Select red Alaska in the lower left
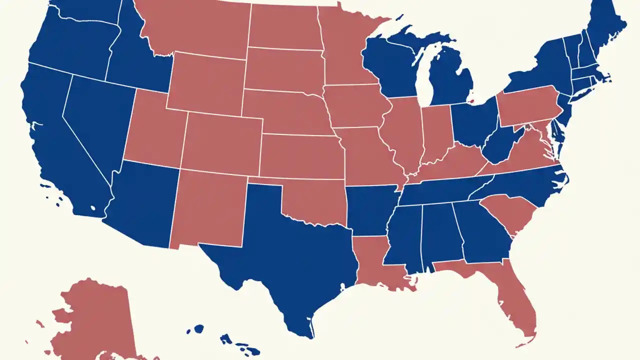pos(95,320)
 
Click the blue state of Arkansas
pos(370,210)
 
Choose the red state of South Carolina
pos(510,212)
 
